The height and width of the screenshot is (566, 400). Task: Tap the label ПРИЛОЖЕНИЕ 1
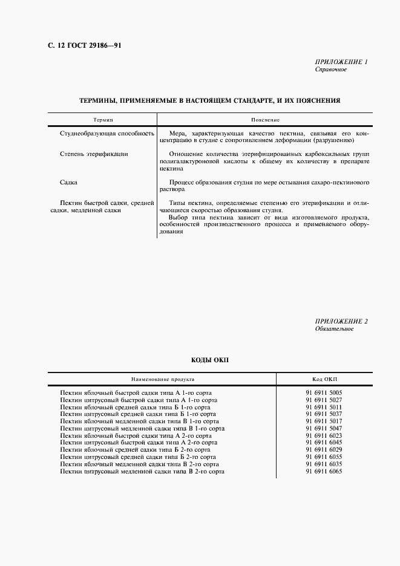(341, 62)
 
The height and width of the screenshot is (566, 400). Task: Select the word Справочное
(330, 70)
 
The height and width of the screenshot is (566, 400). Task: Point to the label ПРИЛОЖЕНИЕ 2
(341, 321)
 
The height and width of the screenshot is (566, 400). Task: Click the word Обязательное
(334, 329)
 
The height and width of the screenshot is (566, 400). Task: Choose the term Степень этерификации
(94, 154)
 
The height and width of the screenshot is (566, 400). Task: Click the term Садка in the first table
(68, 182)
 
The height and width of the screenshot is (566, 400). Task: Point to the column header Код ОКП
(324, 380)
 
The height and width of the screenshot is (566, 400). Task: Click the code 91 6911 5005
(324, 392)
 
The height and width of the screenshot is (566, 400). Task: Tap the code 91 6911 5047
(324, 428)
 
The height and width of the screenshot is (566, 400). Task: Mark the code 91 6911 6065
(324, 471)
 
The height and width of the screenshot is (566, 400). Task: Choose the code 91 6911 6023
(324, 435)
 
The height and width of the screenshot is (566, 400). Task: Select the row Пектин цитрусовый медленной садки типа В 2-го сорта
(142, 471)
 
